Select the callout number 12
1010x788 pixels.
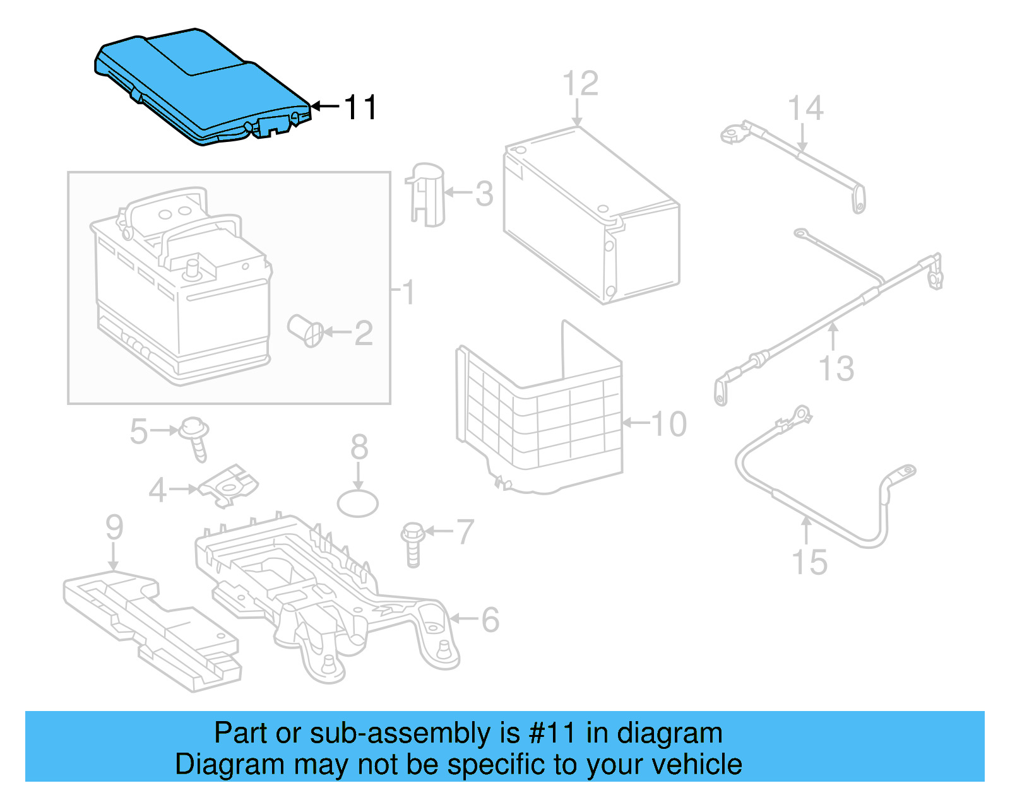[580, 84]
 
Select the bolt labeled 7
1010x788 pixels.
[412, 543]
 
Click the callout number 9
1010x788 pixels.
[114, 527]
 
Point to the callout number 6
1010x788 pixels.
[490, 620]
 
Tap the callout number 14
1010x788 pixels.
[806, 109]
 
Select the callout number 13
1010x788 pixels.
[836, 368]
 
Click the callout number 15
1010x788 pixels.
[809, 562]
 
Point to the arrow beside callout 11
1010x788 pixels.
[325, 106]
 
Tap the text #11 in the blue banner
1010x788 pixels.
[552, 733]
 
